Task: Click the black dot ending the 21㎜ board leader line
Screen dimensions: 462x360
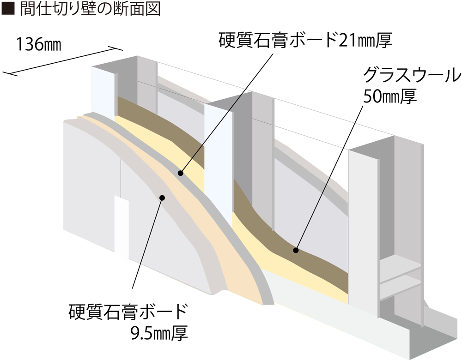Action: pyautogui.click(x=181, y=173)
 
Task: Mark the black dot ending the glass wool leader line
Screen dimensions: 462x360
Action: pyautogui.click(x=296, y=251)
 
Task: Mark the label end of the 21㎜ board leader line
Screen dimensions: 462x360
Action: pyautogui.click(x=274, y=53)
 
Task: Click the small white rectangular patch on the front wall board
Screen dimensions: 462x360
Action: pyautogui.click(x=122, y=228)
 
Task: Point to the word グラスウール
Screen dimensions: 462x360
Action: pyautogui.click(x=412, y=75)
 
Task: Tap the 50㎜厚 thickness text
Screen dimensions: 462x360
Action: pyautogui.click(x=390, y=96)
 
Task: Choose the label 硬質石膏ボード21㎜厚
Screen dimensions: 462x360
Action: pyautogui.click(x=305, y=40)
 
